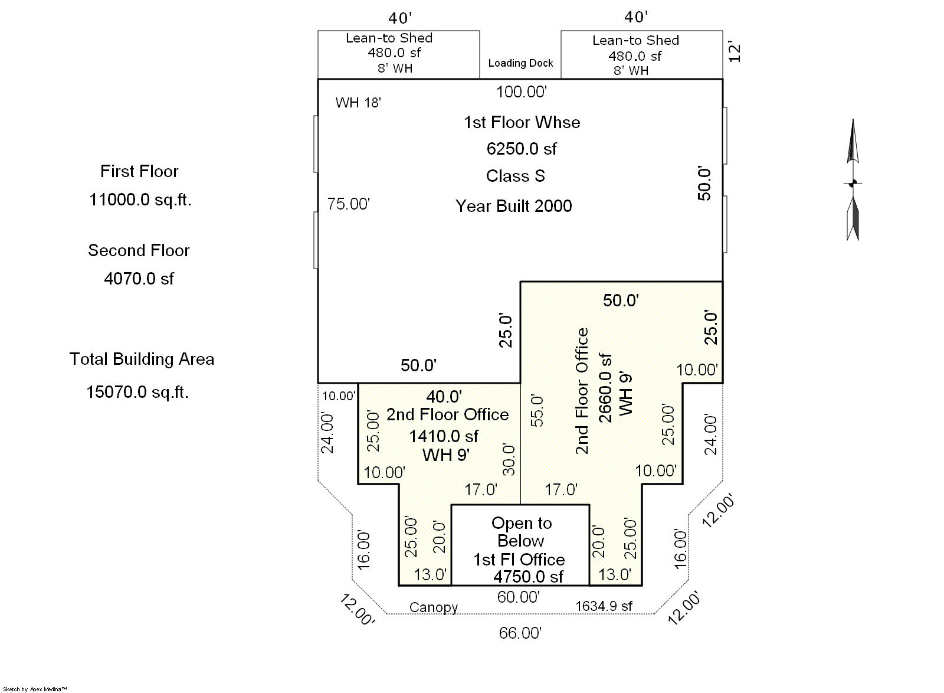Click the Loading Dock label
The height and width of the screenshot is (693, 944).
520,63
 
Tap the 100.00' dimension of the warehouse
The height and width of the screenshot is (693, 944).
522,92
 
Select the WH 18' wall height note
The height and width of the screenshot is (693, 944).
358,103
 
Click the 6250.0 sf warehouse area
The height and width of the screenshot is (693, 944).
522,149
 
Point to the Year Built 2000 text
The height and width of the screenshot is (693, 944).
514,206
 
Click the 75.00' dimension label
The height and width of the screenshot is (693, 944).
349,204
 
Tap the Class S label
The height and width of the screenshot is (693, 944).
516,176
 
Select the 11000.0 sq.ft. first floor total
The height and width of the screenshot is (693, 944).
140,200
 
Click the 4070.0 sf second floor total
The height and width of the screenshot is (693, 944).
139,279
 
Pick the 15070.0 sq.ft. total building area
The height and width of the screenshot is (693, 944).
137,392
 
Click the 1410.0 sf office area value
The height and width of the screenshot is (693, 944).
444,436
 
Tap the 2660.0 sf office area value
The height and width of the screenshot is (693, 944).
605,388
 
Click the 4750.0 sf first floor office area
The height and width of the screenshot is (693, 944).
528,577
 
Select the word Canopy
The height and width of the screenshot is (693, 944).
434,607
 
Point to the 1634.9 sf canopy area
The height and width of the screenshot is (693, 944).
604,606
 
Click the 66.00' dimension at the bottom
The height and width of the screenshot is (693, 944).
520,633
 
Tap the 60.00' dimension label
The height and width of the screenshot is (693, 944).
519,597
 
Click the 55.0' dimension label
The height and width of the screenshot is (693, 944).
537,411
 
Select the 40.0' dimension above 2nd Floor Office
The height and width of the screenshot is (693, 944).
444,397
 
